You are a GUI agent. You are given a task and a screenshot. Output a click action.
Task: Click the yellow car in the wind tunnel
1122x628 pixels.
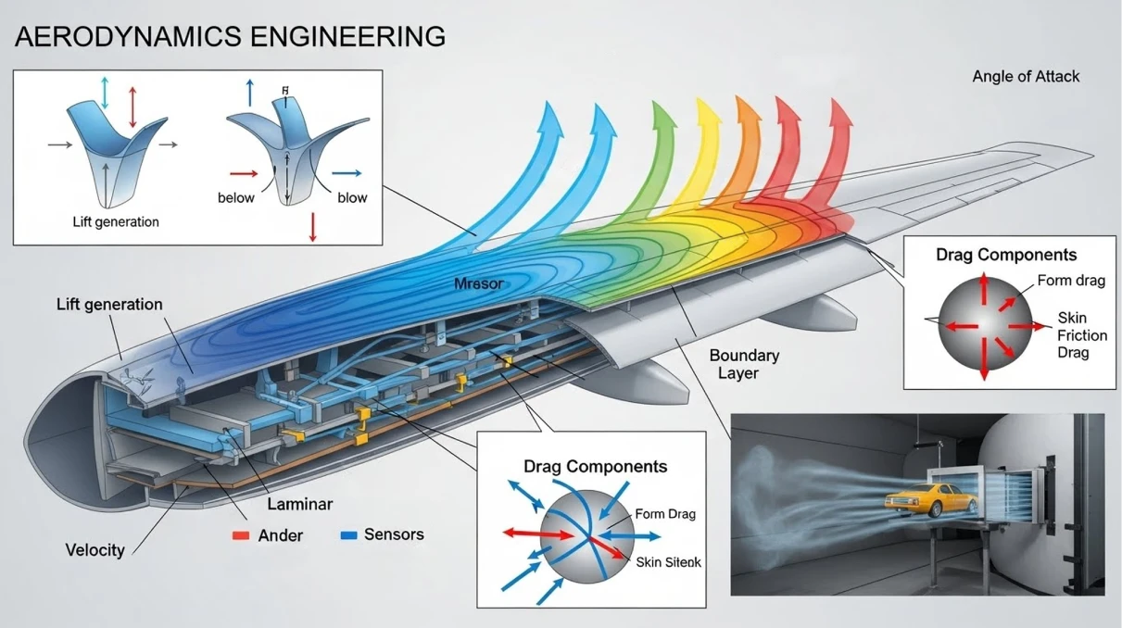point(930,500)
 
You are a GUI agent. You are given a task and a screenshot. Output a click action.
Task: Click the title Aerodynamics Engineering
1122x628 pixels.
point(230,36)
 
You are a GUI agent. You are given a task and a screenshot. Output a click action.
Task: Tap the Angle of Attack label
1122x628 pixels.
point(1026,77)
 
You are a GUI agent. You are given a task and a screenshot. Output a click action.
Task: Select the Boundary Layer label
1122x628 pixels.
point(744,364)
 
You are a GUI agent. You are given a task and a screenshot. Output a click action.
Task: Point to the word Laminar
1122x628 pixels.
point(299,504)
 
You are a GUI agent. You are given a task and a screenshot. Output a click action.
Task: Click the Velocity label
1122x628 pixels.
point(95,550)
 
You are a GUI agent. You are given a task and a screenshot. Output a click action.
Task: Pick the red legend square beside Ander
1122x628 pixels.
point(241,535)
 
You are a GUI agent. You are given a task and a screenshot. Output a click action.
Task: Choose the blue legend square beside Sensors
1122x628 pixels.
point(348,534)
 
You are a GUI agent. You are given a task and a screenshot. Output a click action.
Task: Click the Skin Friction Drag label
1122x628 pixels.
point(1082,335)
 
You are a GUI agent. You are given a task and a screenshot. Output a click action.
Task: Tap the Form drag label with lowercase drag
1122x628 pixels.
point(1071,281)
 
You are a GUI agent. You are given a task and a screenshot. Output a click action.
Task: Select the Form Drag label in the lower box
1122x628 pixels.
point(665,514)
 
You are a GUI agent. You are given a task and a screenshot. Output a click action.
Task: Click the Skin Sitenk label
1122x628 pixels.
point(668,562)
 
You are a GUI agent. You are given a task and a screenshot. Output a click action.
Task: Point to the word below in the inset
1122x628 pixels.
point(236,198)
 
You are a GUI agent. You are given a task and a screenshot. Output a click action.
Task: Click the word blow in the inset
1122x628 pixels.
point(352,198)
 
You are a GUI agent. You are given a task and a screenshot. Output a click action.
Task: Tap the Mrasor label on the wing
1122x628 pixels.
point(478,284)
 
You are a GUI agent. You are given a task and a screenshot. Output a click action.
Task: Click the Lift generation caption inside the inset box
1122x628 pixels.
point(116,222)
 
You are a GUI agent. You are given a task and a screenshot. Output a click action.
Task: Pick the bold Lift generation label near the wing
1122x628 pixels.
point(109,305)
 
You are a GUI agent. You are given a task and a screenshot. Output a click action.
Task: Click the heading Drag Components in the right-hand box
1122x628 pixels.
point(1006,255)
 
